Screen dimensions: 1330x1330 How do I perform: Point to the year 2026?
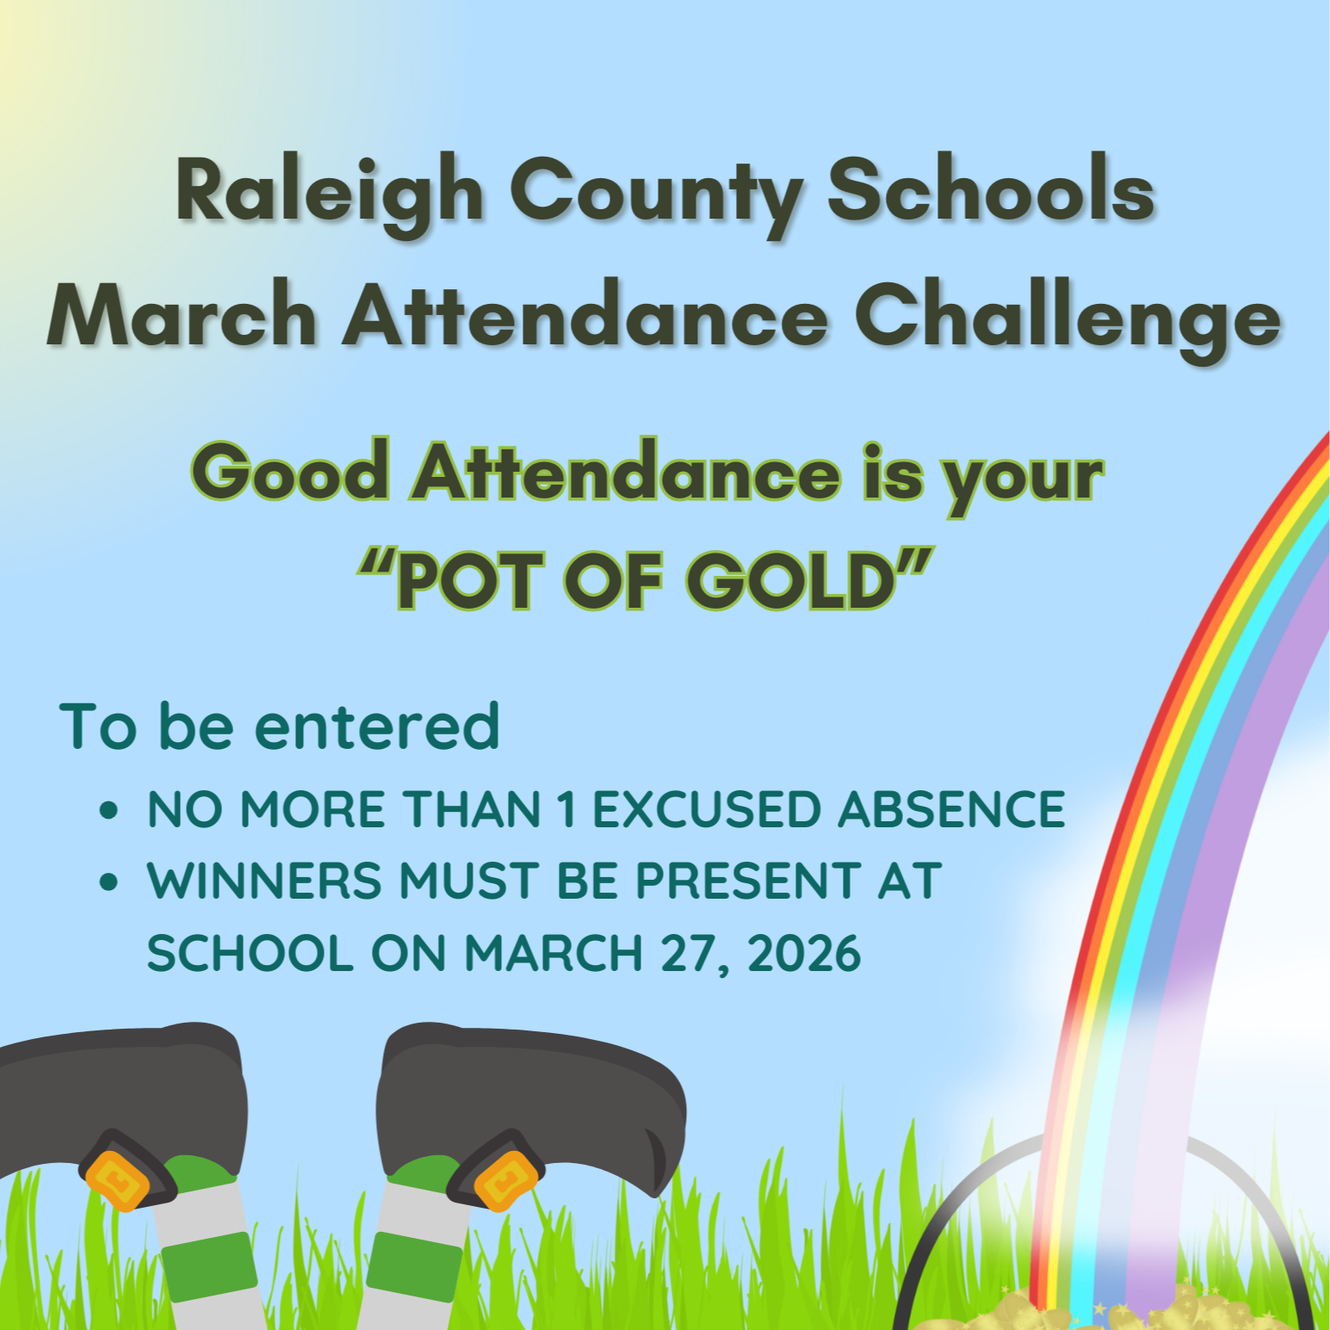click(804, 953)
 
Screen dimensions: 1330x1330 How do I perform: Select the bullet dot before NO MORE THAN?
click(108, 810)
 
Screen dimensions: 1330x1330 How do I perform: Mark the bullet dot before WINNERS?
click(108, 882)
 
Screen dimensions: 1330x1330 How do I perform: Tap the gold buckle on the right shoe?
click(505, 1180)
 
